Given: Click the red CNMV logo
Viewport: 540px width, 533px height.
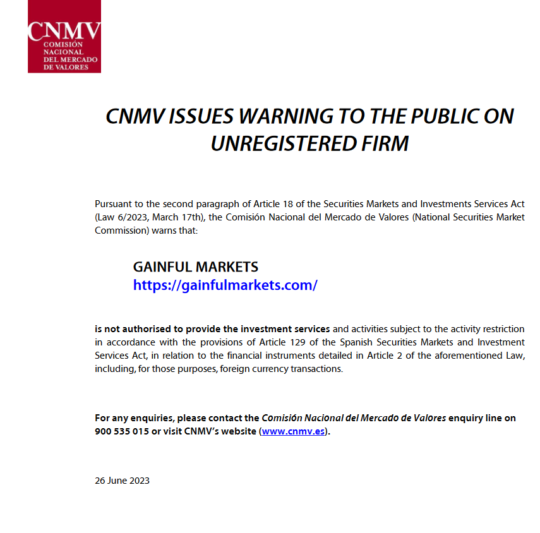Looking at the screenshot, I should (64, 37).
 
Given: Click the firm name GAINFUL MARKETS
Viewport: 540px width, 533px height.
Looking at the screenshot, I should (195, 267).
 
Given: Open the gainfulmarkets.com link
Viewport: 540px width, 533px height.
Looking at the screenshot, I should (225, 285).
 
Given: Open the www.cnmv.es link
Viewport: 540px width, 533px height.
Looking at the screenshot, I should (294, 432).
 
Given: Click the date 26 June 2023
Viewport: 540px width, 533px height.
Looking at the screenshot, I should (122, 481).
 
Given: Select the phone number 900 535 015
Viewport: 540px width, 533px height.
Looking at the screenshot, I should (121, 432).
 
